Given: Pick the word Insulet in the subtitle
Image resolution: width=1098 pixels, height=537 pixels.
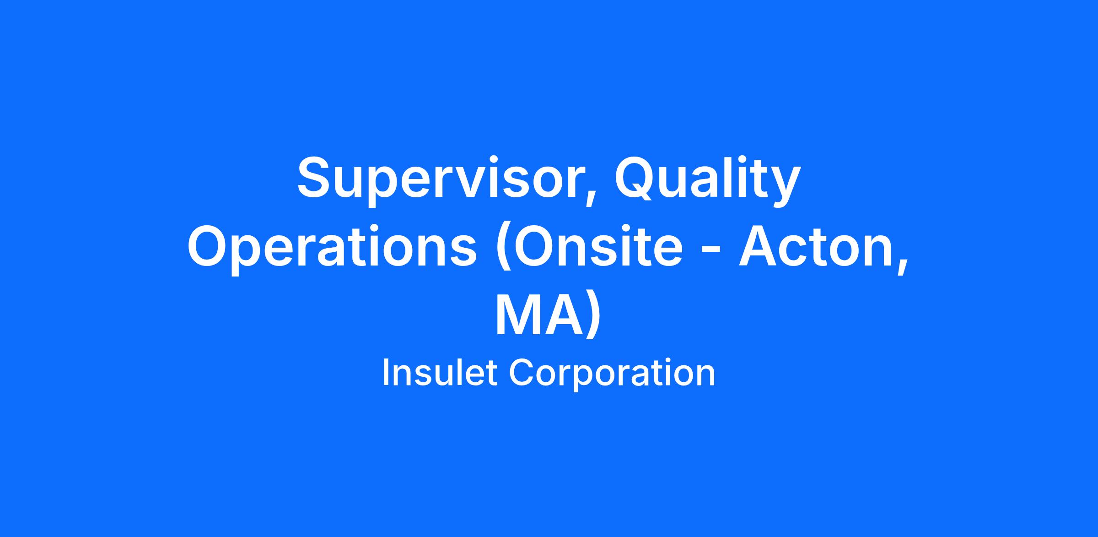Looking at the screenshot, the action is (440, 373).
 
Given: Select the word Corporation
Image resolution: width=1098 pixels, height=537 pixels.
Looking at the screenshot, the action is (612, 373).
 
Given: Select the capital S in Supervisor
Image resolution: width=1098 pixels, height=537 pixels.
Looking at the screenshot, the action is (315, 177).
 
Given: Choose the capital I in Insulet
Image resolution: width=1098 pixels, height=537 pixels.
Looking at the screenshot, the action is (385, 373).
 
